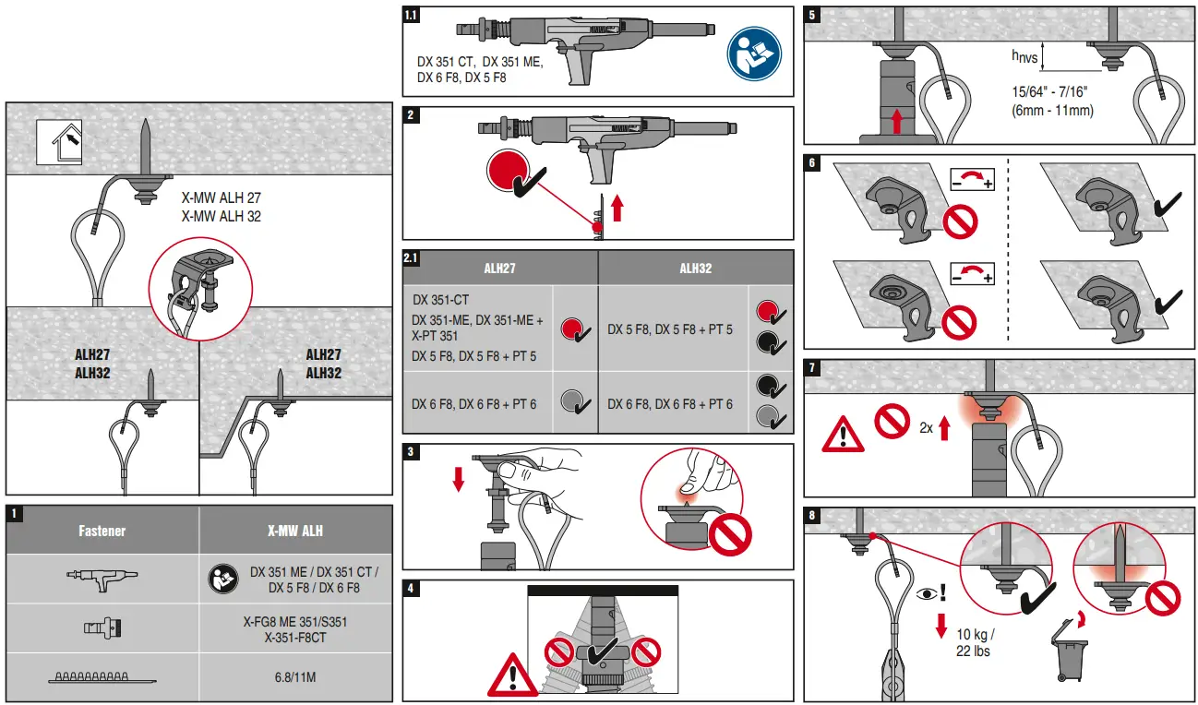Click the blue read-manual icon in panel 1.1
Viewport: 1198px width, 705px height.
pos(753,52)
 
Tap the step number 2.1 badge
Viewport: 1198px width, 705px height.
pos(412,258)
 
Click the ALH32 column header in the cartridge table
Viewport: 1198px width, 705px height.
pos(695,269)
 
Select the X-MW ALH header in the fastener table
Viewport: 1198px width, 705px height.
pos(295,531)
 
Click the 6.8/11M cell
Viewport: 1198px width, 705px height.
pos(295,677)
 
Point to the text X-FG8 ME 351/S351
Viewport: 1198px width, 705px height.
pos(295,622)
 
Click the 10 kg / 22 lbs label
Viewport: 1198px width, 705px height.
pos(976,642)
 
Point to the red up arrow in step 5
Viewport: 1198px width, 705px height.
pos(896,120)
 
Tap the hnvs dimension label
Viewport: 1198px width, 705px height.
pos(1024,57)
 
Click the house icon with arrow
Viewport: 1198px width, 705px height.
pos(59,142)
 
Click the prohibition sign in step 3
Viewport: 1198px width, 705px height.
pos(729,532)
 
